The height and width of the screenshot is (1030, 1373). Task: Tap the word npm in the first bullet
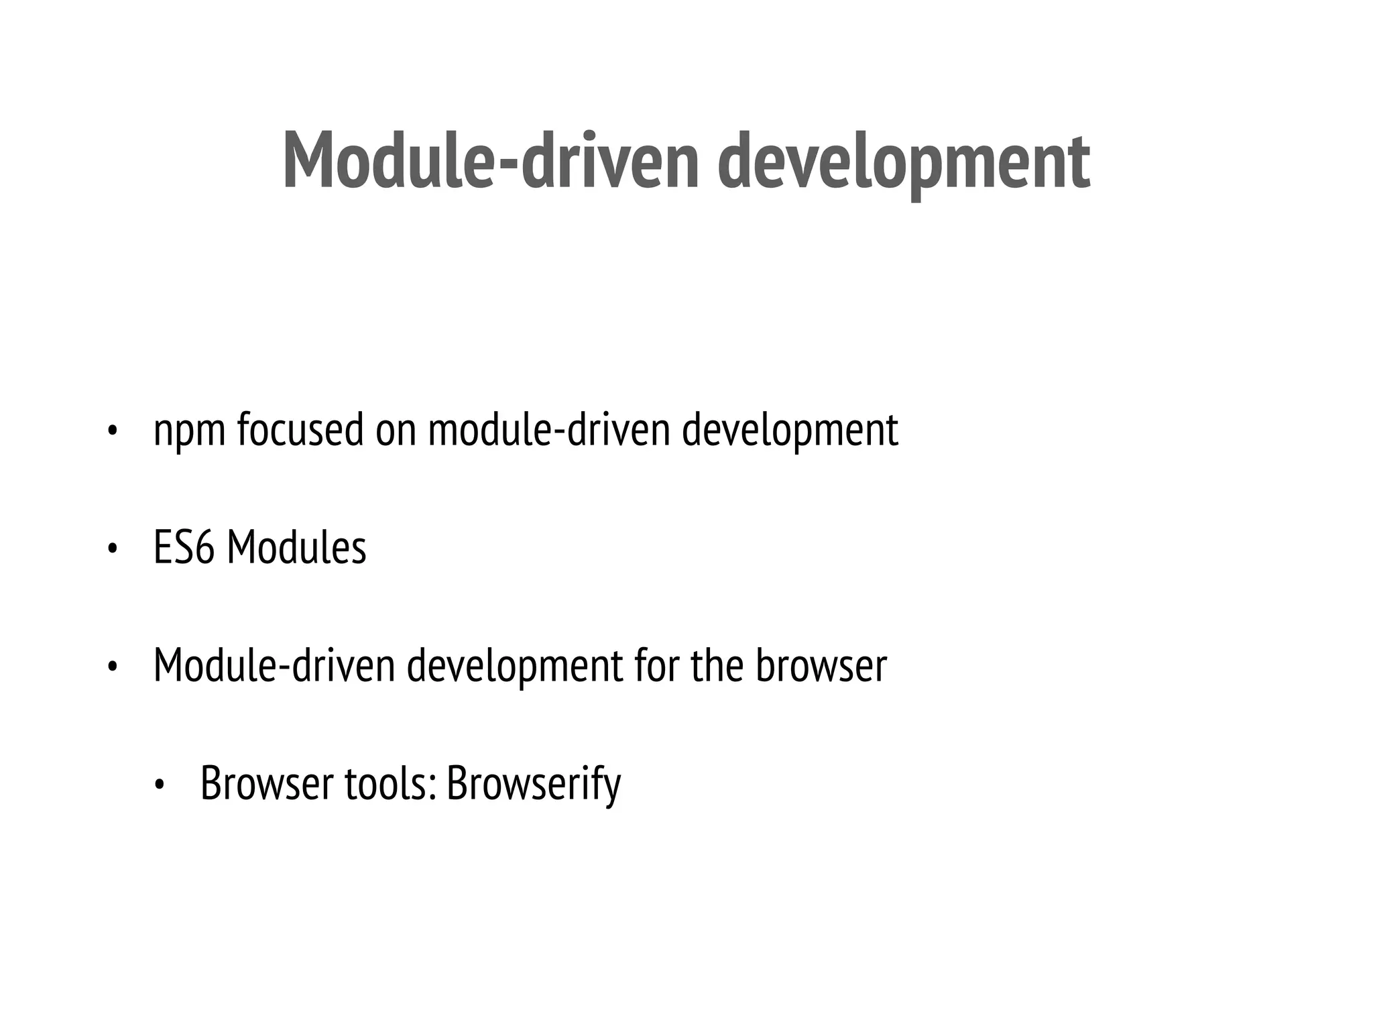click(x=189, y=431)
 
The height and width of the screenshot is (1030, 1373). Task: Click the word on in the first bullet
click(x=396, y=431)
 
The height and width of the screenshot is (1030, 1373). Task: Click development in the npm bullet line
click(x=790, y=431)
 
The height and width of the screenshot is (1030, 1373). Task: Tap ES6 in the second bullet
click(x=184, y=548)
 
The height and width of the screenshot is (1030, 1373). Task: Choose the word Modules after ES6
click(x=296, y=548)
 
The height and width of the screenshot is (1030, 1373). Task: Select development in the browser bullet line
click(x=515, y=667)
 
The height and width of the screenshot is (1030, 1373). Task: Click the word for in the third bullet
click(x=656, y=665)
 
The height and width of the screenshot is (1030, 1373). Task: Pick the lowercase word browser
click(x=821, y=665)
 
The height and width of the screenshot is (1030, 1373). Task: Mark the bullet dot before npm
click(x=112, y=431)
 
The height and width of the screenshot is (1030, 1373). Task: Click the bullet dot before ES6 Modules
click(x=112, y=549)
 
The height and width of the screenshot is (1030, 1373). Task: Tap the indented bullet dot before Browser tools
click(x=160, y=784)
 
